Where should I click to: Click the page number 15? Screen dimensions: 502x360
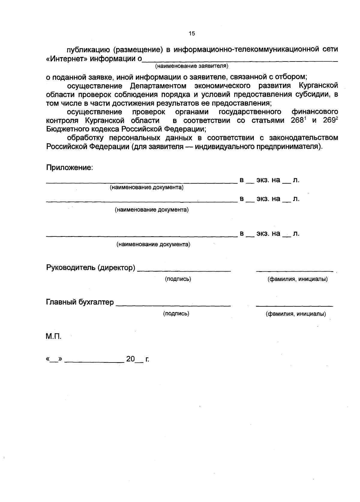click(192, 33)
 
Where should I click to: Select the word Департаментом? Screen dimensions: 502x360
click(158, 86)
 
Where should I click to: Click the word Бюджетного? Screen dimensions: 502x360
click(63, 129)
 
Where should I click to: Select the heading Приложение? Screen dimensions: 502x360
click(69, 167)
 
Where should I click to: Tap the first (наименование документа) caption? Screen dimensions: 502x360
click(147, 188)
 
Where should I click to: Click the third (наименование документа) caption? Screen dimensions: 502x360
click(153, 244)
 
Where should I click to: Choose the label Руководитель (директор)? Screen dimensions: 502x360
click(90, 267)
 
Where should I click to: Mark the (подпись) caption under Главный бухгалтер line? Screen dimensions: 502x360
click(176, 314)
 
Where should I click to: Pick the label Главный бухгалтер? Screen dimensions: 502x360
click(80, 302)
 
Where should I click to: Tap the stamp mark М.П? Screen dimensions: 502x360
click(53, 337)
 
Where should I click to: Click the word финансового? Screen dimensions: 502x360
click(315, 112)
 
